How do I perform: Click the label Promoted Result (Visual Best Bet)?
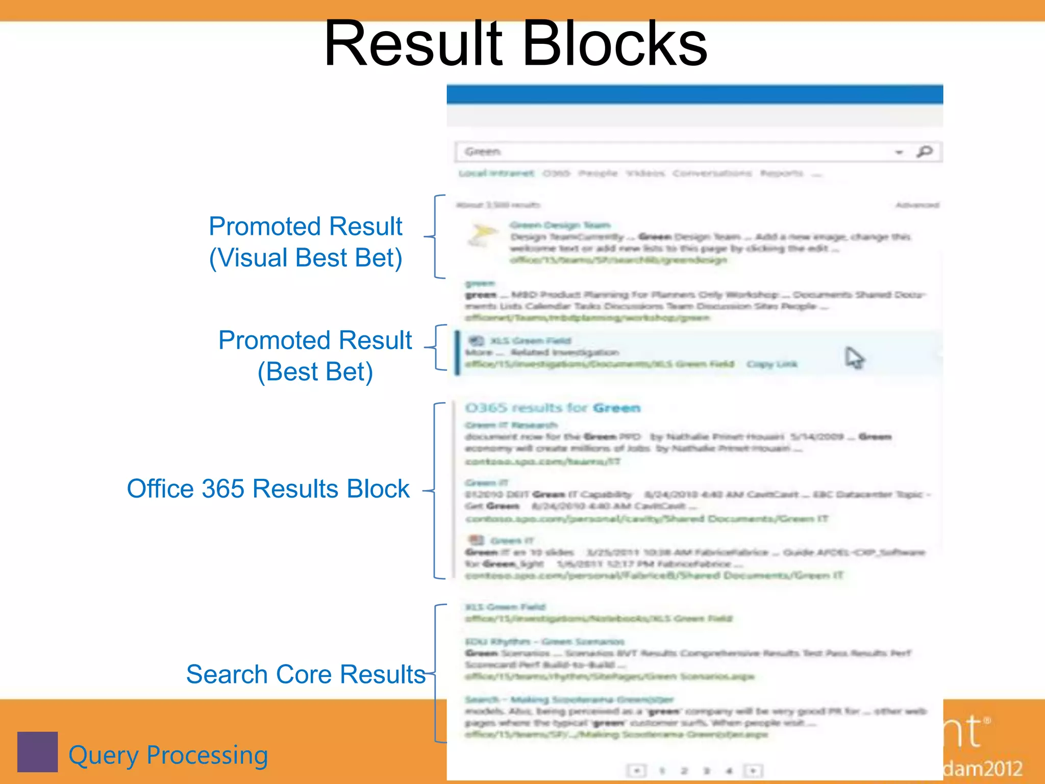click(306, 242)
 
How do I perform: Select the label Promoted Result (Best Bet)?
click(315, 356)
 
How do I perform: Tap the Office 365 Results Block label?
click(268, 489)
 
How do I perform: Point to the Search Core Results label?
click(306, 674)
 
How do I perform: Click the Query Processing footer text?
click(168, 755)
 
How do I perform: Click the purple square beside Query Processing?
click(37, 752)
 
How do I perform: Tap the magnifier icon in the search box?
click(924, 152)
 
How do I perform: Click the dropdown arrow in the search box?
click(899, 152)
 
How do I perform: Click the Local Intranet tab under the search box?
click(496, 174)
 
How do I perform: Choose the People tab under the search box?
click(598, 174)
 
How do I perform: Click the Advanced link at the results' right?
click(917, 205)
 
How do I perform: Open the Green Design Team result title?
click(560, 225)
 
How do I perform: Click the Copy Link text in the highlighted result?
click(772, 364)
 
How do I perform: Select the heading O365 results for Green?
click(553, 408)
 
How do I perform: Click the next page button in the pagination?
click(753, 770)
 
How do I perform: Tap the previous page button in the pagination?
click(637, 770)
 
